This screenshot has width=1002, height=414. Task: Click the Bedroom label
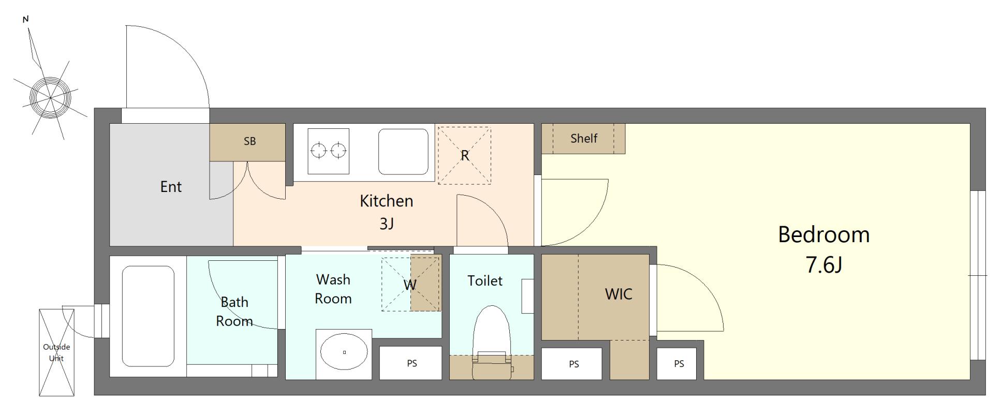[x=823, y=234]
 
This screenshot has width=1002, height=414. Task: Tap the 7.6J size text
[x=824, y=265]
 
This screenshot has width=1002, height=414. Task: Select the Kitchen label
[x=387, y=201]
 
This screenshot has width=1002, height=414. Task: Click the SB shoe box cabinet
[x=247, y=142]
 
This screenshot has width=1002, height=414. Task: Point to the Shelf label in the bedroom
[x=584, y=138]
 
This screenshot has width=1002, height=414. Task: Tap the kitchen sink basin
[x=404, y=152]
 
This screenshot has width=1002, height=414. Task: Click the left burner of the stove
[x=319, y=151]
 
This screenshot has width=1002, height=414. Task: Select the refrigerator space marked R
[x=464, y=155]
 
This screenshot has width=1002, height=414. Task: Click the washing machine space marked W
[x=410, y=284]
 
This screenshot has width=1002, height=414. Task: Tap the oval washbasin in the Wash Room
[x=344, y=352]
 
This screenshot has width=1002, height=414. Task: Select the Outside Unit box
[x=56, y=352]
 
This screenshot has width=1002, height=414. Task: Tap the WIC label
[x=618, y=294]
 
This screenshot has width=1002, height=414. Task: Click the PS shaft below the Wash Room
[x=411, y=363]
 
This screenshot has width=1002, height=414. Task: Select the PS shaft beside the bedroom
[x=679, y=364]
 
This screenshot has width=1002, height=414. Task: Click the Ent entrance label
[x=171, y=186]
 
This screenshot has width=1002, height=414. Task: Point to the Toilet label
[x=485, y=280]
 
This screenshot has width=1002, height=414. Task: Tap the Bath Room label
[x=234, y=312]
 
